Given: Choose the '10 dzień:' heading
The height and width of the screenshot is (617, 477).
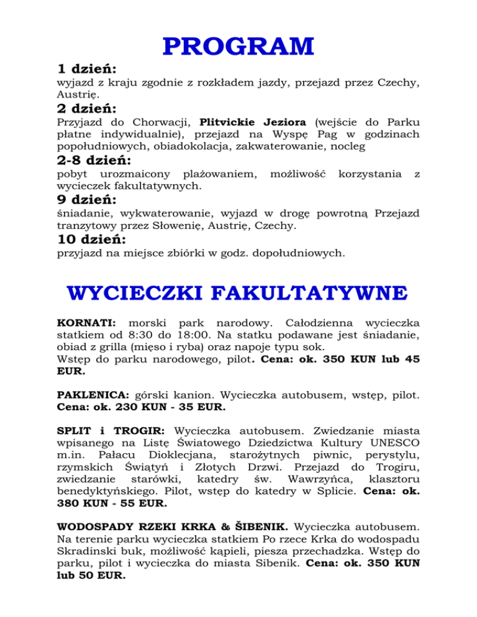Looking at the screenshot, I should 96,239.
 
